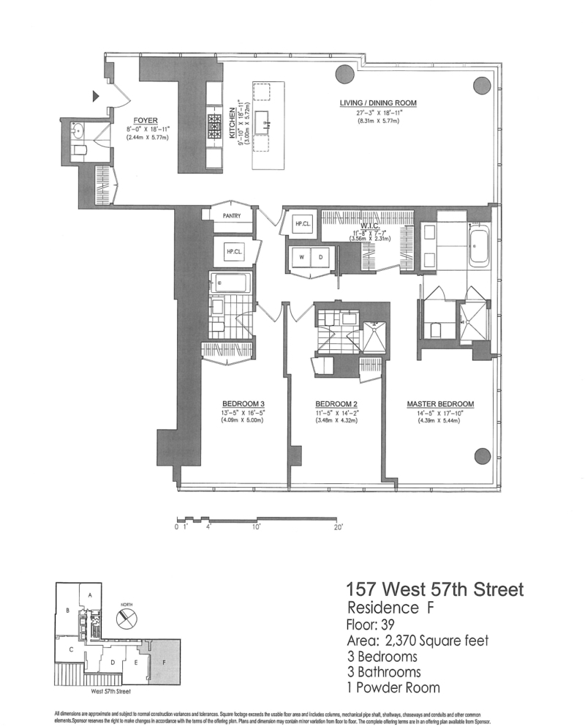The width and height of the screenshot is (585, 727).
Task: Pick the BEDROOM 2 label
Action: [x=336, y=404]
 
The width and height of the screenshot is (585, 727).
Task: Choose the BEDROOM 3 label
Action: [x=244, y=404]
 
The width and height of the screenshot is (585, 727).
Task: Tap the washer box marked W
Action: [x=301, y=257]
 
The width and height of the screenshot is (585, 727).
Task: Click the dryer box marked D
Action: [x=322, y=257]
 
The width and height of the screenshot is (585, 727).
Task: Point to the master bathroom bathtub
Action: [x=481, y=246]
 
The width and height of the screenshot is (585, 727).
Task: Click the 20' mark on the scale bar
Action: [x=339, y=526]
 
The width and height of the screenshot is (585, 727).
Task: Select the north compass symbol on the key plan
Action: [x=126, y=617]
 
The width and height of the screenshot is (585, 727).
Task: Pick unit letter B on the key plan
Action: [x=67, y=609]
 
